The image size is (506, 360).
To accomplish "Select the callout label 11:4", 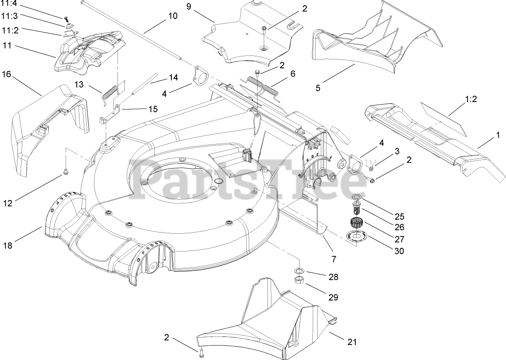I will (x=9, y=6).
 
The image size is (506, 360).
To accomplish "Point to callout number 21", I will (x=352, y=342).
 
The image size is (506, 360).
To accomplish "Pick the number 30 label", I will (x=399, y=251).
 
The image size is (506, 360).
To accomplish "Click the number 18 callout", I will (x=8, y=245).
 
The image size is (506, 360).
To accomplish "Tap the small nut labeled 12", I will (x=65, y=174).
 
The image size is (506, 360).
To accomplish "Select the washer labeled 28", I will (x=298, y=270).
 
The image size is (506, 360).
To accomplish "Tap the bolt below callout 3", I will (x=371, y=179).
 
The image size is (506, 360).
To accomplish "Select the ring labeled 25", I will (x=357, y=197).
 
